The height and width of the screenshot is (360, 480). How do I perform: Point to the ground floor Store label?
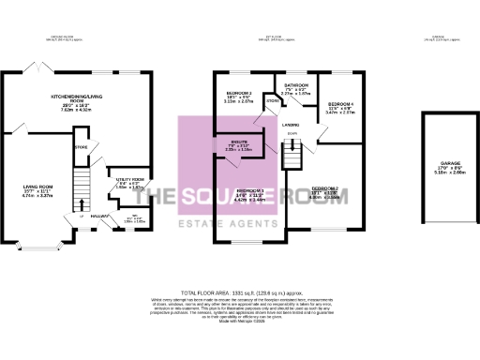81,146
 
